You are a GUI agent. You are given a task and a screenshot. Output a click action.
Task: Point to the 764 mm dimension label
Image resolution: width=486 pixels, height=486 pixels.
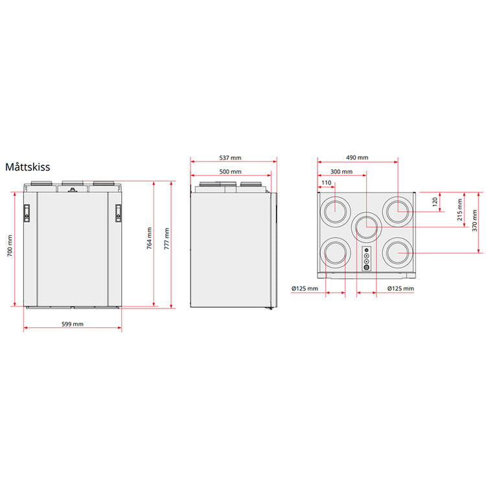(x=149, y=238)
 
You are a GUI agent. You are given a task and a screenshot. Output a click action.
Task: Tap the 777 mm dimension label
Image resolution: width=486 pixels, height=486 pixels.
(x=167, y=238)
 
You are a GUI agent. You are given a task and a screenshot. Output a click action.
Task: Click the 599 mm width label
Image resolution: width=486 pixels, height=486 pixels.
(x=73, y=323)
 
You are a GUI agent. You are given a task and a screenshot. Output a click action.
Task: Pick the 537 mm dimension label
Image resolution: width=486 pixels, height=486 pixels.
(x=230, y=157)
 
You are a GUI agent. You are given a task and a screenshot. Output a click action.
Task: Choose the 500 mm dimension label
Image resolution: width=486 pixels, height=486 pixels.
(x=230, y=172)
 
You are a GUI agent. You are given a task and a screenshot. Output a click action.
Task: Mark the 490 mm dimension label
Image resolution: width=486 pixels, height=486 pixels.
(x=356, y=157)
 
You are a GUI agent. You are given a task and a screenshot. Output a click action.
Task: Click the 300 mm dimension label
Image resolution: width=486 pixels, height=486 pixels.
(x=341, y=172)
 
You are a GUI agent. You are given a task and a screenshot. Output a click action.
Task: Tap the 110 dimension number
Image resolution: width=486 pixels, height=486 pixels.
(x=326, y=183)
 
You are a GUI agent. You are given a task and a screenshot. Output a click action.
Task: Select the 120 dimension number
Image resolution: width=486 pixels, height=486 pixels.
(x=435, y=202)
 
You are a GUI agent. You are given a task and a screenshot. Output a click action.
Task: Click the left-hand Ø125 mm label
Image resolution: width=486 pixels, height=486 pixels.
(x=305, y=288)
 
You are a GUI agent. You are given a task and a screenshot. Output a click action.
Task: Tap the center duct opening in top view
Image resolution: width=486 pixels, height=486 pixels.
(x=366, y=227)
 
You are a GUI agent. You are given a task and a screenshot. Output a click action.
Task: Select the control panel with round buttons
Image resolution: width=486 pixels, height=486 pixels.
(x=366, y=259)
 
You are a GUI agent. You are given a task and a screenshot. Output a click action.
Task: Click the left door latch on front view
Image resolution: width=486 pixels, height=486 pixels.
(x=27, y=212)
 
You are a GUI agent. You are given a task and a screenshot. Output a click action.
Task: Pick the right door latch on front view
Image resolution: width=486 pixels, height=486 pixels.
(x=119, y=212)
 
